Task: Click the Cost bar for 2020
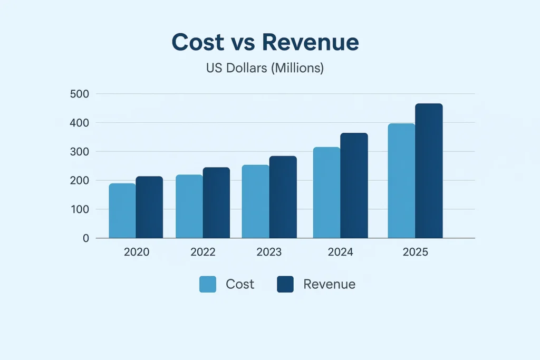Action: pos(122,211)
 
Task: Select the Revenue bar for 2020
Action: pos(149,207)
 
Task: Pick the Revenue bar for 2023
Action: pos(283,197)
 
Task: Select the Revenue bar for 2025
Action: pos(429,171)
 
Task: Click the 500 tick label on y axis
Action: pos(79,94)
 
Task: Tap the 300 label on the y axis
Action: pos(79,152)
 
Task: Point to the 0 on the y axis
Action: pos(85,238)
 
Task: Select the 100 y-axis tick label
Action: pos(79,209)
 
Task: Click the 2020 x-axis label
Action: pos(137,252)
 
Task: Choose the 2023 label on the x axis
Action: pos(269,252)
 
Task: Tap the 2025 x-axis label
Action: pos(416,252)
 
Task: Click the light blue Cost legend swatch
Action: pos(208,285)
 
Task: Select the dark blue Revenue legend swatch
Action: pos(285,285)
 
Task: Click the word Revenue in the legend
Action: pos(329,285)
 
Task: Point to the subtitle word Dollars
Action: pos(247,69)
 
